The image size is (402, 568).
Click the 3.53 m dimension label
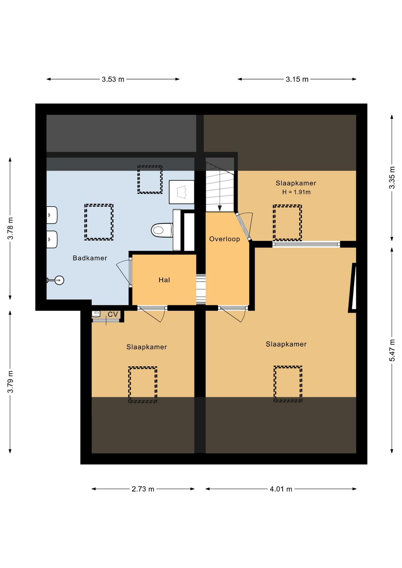click(113, 80)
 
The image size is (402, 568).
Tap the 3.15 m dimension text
click(297, 80)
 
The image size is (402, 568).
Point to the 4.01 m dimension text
click(281, 488)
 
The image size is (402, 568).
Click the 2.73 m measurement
click(143, 488)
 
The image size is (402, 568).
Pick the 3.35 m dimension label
click(392, 177)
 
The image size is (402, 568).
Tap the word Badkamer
click(90, 258)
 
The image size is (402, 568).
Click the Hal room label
click(164, 280)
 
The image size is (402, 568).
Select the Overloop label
click(224, 239)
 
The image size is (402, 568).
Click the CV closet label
click(113, 314)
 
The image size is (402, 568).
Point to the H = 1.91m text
click(296, 192)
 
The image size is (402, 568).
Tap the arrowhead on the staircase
click(219, 208)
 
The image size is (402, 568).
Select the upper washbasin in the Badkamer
click(52, 215)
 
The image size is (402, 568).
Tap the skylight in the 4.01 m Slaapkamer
click(288, 384)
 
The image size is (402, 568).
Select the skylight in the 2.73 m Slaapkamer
click(143, 384)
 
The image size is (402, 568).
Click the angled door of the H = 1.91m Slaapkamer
click(243, 226)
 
